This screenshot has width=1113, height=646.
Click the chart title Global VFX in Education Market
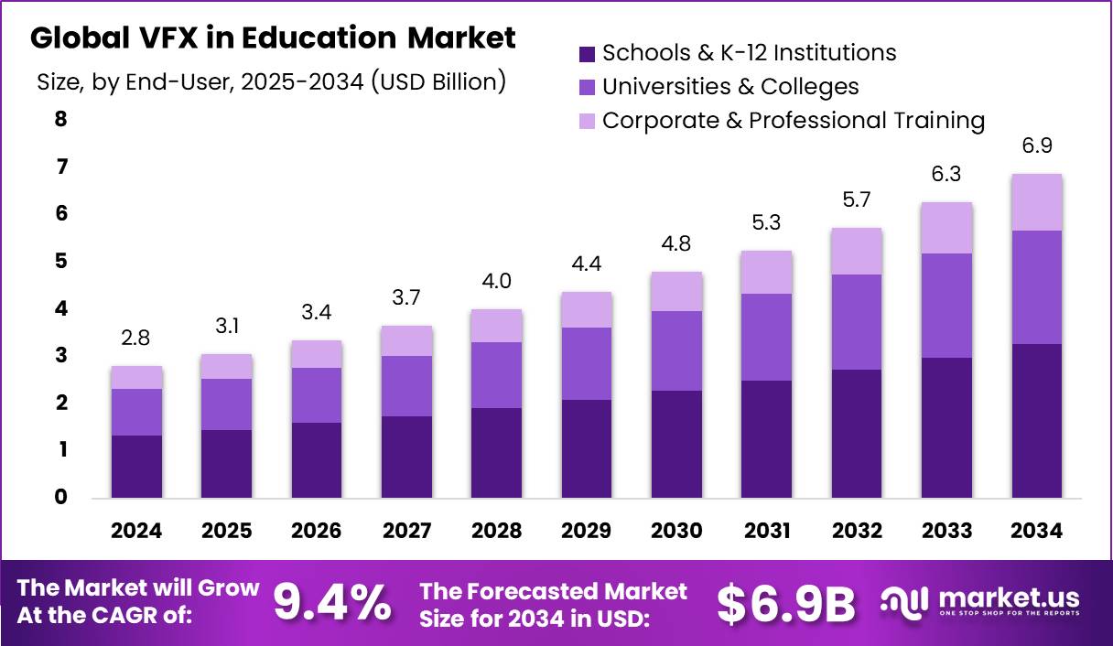[x=273, y=38]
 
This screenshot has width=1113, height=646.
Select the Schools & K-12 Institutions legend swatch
[x=587, y=53]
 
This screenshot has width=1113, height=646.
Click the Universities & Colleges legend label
[x=730, y=87]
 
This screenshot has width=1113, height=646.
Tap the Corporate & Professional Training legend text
[x=793, y=121]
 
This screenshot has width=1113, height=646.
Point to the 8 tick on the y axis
[x=61, y=119]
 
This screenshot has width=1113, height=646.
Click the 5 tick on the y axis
[x=61, y=262]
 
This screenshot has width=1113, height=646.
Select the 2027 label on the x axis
[x=406, y=531]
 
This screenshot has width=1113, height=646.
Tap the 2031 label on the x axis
[x=767, y=531]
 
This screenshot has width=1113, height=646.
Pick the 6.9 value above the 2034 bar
[x=1037, y=146]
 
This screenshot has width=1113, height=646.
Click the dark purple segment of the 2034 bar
[x=1037, y=421]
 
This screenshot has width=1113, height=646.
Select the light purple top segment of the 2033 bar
[x=947, y=228]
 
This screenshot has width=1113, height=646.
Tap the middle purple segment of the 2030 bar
[x=676, y=350]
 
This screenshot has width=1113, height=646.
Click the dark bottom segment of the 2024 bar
[x=136, y=467]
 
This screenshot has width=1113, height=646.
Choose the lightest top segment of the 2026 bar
[x=317, y=354]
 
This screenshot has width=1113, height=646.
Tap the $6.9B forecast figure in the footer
[x=785, y=602]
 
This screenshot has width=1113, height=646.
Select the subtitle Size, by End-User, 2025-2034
[x=272, y=81]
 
